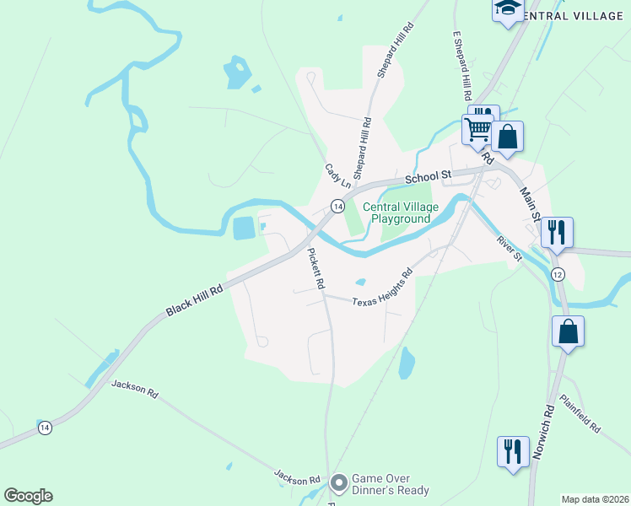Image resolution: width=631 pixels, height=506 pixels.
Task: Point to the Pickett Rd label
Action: (x=315, y=268)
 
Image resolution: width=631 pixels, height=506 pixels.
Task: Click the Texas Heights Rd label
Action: (x=382, y=289)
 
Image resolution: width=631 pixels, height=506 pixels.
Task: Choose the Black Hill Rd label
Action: (x=194, y=299)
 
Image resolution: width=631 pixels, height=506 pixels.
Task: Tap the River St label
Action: (x=509, y=250)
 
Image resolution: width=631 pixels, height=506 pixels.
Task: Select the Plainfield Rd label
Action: (x=580, y=415)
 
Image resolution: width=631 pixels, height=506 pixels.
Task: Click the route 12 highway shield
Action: (x=558, y=275)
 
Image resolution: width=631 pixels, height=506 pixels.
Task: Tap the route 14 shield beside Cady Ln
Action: (x=337, y=206)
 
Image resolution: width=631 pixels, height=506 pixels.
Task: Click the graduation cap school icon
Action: (x=508, y=8)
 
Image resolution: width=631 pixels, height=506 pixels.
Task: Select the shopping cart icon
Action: (x=477, y=130)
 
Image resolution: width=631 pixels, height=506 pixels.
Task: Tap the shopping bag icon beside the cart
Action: (x=507, y=137)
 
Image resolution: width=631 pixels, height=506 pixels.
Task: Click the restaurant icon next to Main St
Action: (x=557, y=232)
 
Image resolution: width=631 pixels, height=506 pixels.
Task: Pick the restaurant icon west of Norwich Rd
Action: (x=513, y=451)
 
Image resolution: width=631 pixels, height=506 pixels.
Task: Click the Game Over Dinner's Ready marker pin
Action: (x=338, y=483)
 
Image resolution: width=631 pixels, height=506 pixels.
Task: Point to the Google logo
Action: (x=28, y=496)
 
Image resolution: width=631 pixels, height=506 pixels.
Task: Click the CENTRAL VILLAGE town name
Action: (x=574, y=16)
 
